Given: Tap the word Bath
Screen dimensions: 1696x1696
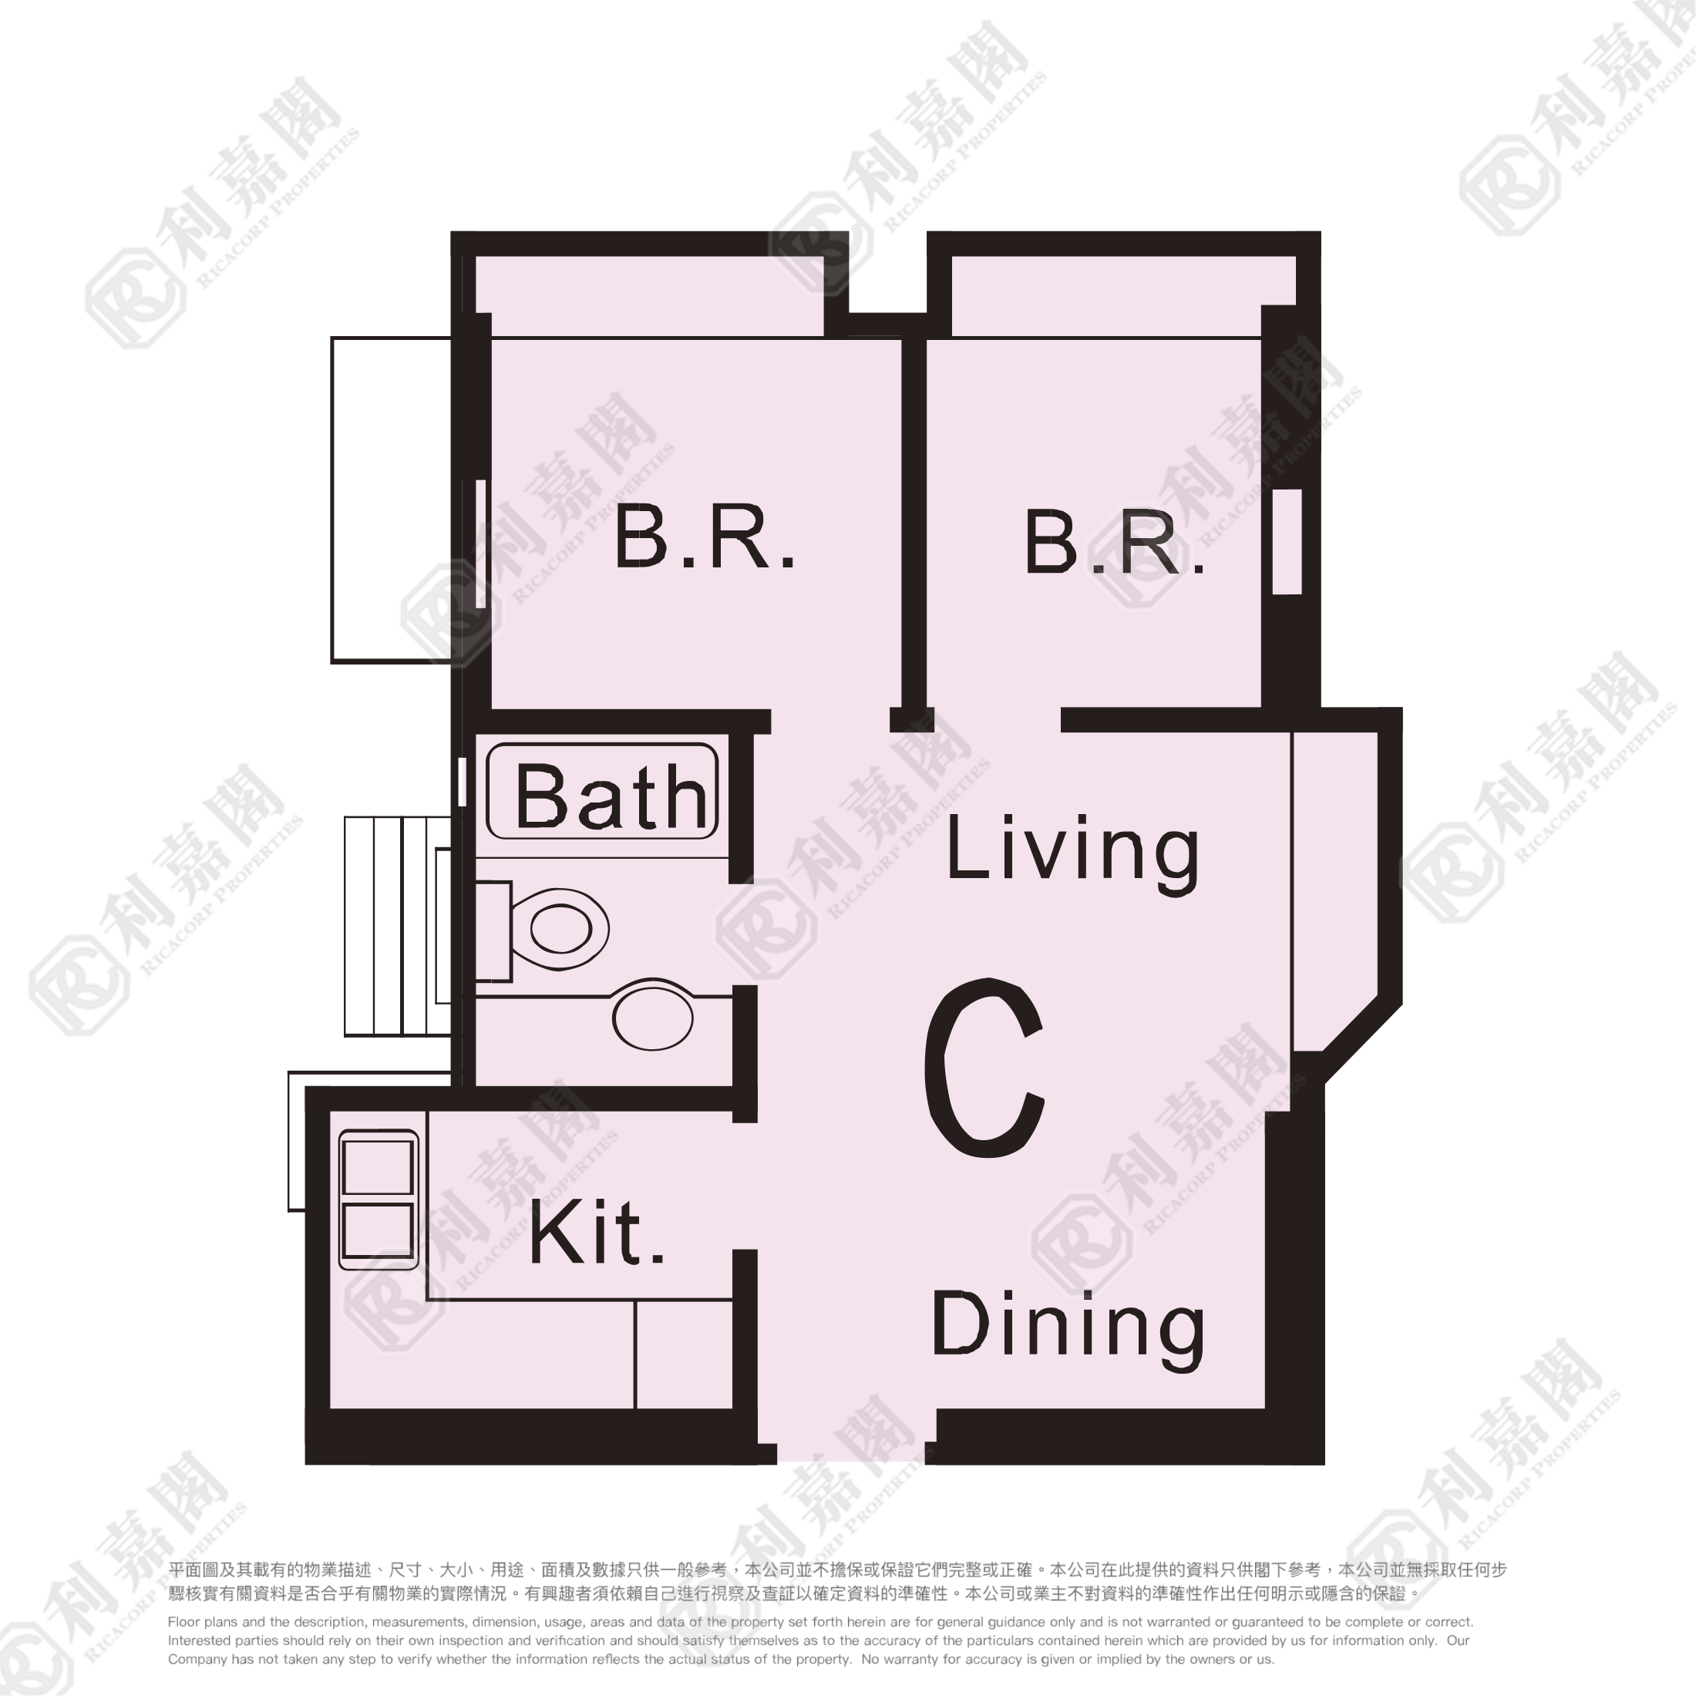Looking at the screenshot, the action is tap(611, 796).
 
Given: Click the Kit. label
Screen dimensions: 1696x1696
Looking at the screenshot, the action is tap(596, 1233).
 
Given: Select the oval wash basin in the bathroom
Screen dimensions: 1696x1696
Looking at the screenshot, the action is tap(652, 1018).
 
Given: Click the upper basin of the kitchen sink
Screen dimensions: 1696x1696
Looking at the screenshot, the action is tap(378, 1166).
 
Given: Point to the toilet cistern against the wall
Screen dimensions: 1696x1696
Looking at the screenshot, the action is tap(493, 931).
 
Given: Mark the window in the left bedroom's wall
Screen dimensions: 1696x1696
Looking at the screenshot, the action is tap(480, 543).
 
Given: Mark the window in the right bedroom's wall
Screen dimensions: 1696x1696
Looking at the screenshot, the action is tap(1287, 542).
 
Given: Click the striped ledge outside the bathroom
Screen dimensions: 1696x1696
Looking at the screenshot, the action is tap(398, 926).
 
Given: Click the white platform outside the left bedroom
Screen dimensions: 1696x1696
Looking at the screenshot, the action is tap(391, 500).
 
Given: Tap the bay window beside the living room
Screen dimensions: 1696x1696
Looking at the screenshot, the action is tap(1334, 891).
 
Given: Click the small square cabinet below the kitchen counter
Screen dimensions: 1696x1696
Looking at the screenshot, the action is tap(684, 1354).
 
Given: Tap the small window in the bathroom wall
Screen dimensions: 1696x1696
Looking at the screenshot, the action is tap(462, 781).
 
